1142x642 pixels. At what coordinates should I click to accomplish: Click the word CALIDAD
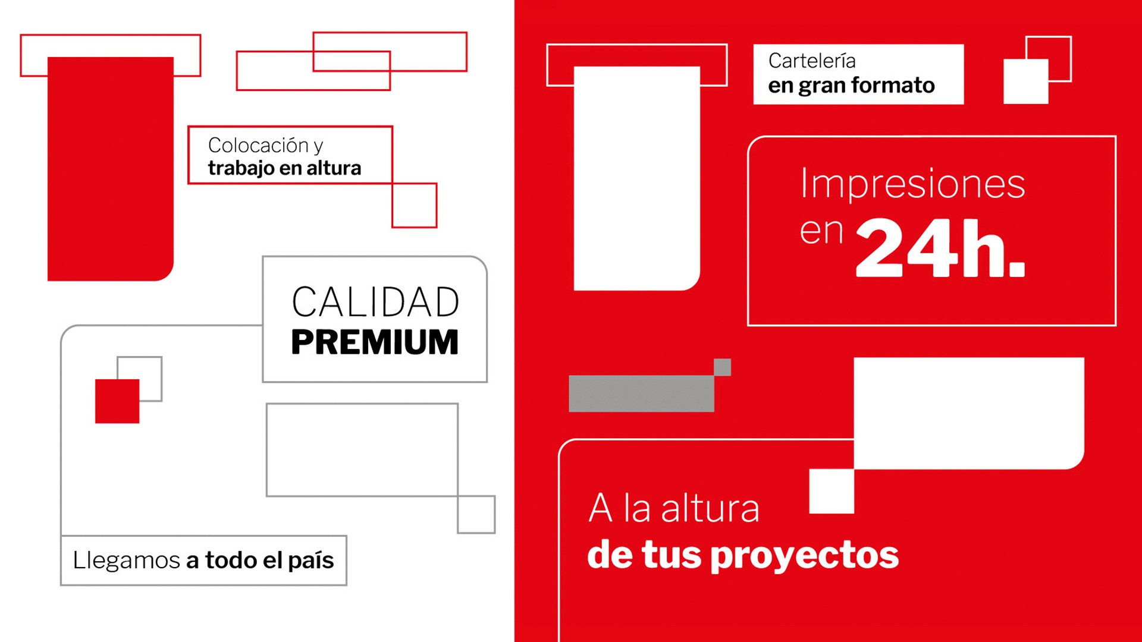pyautogui.click(x=375, y=302)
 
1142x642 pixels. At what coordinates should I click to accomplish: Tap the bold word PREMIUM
pyautogui.click(x=375, y=342)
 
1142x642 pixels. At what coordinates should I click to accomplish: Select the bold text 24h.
pyautogui.click(x=940, y=248)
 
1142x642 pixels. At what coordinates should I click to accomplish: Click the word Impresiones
pyautogui.click(x=913, y=183)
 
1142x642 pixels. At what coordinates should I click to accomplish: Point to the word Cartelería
pyautogui.click(x=812, y=61)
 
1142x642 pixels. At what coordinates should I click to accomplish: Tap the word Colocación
pyautogui.click(x=258, y=145)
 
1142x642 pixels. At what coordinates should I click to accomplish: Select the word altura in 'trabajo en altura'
pyautogui.click(x=334, y=168)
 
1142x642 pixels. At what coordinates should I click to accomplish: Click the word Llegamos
pyautogui.click(x=126, y=561)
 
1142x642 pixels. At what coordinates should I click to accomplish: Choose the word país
pyautogui.click(x=311, y=561)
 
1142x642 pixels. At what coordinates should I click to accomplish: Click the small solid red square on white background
pyautogui.click(x=117, y=401)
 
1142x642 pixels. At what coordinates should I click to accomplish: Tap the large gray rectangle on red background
pyautogui.click(x=641, y=394)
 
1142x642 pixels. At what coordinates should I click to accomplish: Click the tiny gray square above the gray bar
pyautogui.click(x=722, y=367)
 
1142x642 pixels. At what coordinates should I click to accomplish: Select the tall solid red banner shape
pyautogui.click(x=111, y=169)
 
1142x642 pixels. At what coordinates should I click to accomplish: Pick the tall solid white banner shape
pyautogui.click(x=637, y=178)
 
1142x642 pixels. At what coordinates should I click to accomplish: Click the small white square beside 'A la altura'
pyautogui.click(x=832, y=491)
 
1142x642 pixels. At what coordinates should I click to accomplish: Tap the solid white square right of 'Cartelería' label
pyautogui.click(x=1026, y=81)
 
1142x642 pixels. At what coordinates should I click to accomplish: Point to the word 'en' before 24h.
pyautogui.click(x=821, y=232)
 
